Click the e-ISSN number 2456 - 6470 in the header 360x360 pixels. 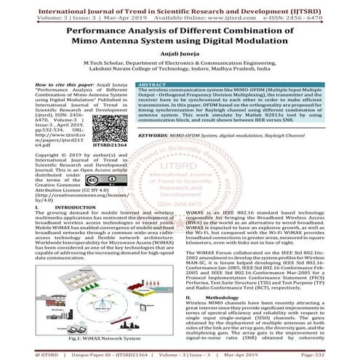[x=322, y=13]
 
